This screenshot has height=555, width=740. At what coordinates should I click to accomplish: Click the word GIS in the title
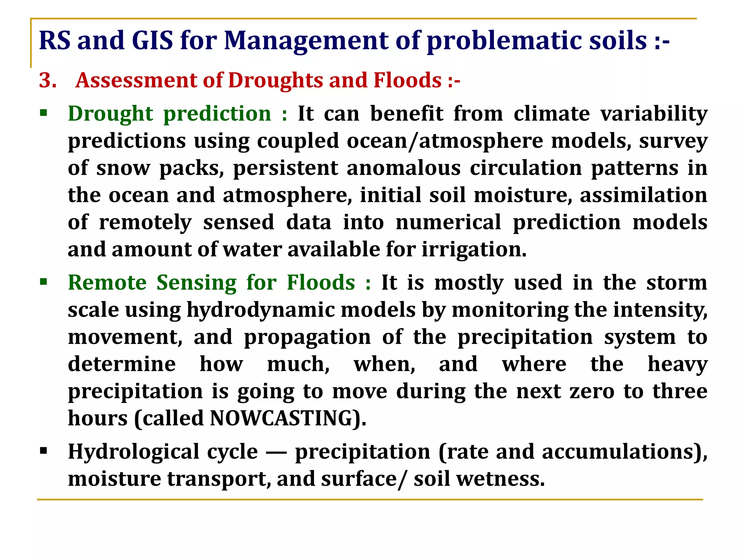tap(152, 40)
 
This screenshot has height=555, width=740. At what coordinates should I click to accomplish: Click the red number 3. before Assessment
tap(48, 80)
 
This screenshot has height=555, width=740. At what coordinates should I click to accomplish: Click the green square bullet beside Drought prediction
tap(44, 113)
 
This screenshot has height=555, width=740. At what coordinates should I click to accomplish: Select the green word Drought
tap(111, 114)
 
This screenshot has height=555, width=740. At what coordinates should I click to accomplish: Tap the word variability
tap(654, 114)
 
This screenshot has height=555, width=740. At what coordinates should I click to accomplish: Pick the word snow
tap(123, 168)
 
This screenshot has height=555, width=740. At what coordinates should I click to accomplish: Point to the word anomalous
tap(403, 168)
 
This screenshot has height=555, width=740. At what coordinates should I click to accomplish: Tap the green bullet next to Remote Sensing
tap(44, 282)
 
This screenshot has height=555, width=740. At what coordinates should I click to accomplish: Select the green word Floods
tap(321, 283)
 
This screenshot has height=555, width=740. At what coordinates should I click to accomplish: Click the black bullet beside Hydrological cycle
tap(44, 451)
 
